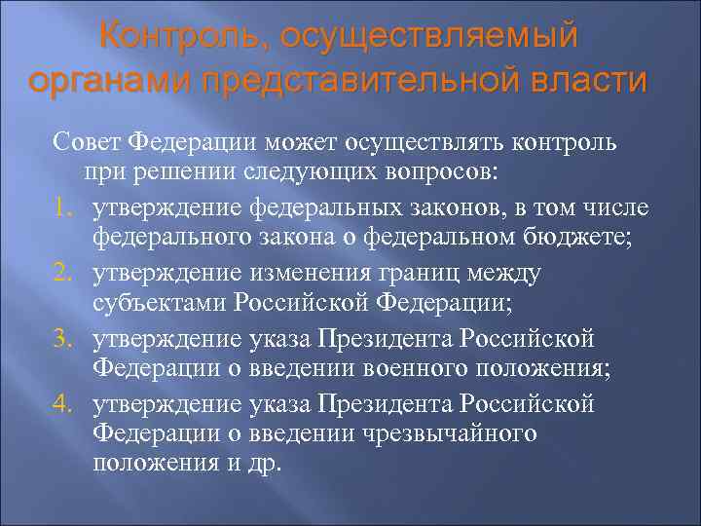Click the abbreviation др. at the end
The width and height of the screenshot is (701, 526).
point(263,464)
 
